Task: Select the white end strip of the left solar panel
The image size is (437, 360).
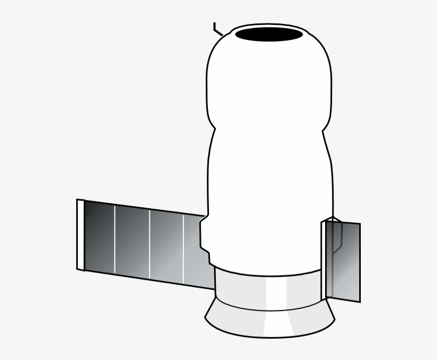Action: point(80,235)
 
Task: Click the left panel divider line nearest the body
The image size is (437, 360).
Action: point(184,249)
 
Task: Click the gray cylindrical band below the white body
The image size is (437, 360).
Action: point(245,290)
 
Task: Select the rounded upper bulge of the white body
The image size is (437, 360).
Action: point(269,80)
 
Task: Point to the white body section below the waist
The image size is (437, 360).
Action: point(266,202)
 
